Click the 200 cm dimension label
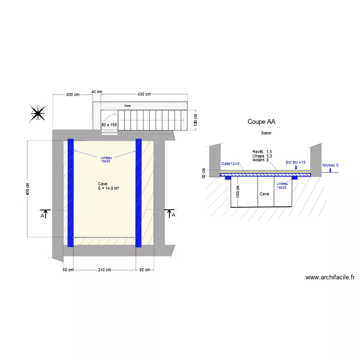point(72,95)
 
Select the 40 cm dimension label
point(96,92)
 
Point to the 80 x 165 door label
point(109,125)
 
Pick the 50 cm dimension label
point(68,270)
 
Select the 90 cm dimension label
point(144,270)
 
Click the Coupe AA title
point(261,122)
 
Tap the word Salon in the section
point(266,132)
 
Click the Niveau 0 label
point(330,165)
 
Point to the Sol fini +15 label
point(296,162)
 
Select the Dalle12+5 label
point(230,164)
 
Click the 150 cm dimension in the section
point(237,192)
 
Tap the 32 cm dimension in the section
point(204,173)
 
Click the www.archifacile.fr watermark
point(330,277)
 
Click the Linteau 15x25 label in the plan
point(106,159)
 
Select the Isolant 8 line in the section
point(261,160)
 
